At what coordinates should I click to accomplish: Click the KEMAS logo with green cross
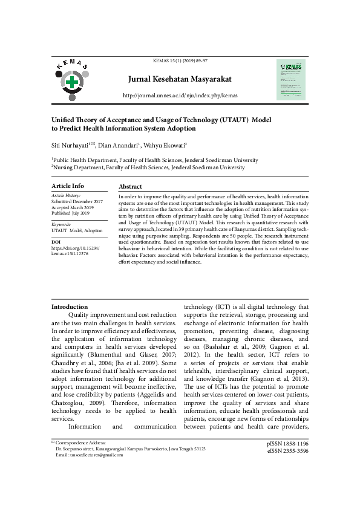point(72,81)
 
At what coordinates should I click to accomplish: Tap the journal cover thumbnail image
point(291,79)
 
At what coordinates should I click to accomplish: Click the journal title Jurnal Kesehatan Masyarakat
point(180,79)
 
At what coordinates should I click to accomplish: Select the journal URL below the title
point(180,96)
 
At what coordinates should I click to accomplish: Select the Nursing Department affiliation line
point(148,167)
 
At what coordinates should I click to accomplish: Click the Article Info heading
point(68,186)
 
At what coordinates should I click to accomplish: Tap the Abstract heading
point(130,187)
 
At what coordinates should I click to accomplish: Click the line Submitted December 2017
point(77,201)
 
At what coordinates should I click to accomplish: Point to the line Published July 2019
point(70,213)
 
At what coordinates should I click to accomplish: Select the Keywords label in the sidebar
point(64,224)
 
